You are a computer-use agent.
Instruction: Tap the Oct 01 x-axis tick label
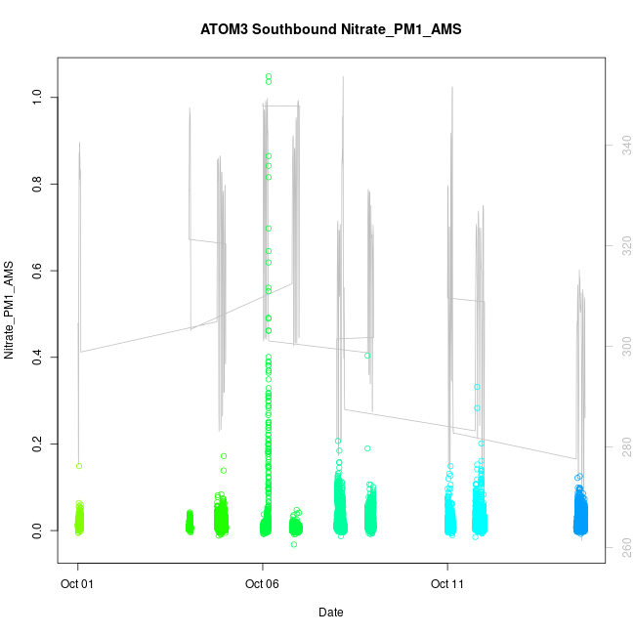tap(78, 584)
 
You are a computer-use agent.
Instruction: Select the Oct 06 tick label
tap(262, 584)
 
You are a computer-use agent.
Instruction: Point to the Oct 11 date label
tap(447, 584)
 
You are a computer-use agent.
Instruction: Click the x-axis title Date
tap(330, 613)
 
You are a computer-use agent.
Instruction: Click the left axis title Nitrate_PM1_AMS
tap(10, 310)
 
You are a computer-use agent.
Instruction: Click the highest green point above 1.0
tap(269, 76)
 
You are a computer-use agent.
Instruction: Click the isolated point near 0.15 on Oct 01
tap(79, 466)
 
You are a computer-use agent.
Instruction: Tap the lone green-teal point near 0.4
tap(367, 356)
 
